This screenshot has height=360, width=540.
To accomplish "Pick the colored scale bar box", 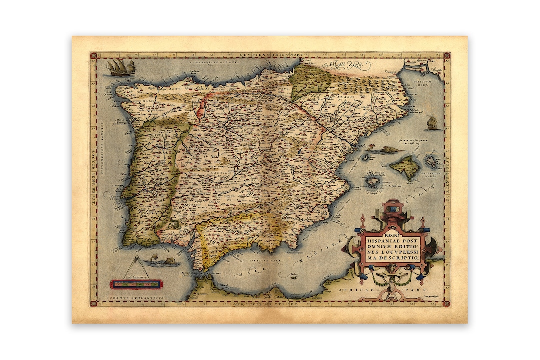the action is pos(136,284).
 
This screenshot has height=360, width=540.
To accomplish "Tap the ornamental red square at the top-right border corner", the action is pos(446,55).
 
